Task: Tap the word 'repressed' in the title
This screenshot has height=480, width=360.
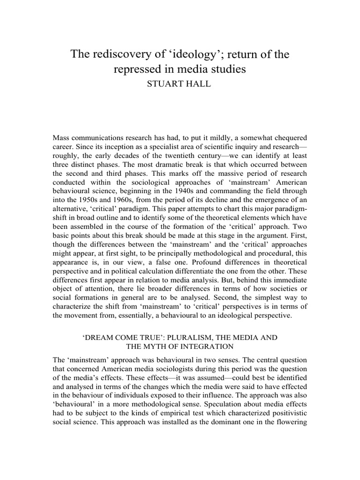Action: point(135,70)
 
